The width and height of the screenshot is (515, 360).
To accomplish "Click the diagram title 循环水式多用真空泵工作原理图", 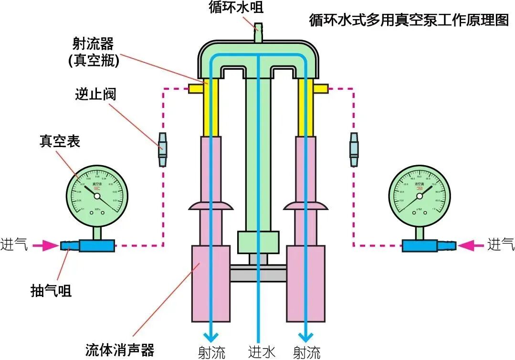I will pyautogui.click(x=409, y=21).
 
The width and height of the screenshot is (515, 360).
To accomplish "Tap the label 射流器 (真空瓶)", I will pyautogui.click(x=91, y=52).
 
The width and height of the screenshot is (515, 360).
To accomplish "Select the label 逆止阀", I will pyautogui.click(x=95, y=94).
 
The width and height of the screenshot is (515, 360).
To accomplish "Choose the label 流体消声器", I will pyautogui.click(x=120, y=349).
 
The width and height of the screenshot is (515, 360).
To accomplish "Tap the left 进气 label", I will pyautogui.click(x=14, y=244).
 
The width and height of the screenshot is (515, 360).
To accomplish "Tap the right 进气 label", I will pyautogui.click(x=501, y=244).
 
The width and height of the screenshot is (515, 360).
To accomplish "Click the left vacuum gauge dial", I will pyautogui.click(x=97, y=195).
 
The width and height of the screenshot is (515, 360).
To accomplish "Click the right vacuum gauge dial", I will pyautogui.click(x=419, y=195).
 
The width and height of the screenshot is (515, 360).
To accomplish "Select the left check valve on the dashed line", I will pyautogui.click(x=163, y=149).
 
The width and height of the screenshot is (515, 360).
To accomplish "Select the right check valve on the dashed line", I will pyautogui.click(x=354, y=149).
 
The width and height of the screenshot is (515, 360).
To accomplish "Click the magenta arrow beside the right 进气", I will pyautogui.click(x=470, y=245).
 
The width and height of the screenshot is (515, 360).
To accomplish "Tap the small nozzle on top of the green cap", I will pyautogui.click(x=258, y=33).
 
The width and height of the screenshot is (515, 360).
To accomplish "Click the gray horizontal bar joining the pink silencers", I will pyautogui.click(x=258, y=275).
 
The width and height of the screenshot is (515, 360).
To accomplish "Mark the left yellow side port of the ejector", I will pyautogui.click(x=196, y=88).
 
